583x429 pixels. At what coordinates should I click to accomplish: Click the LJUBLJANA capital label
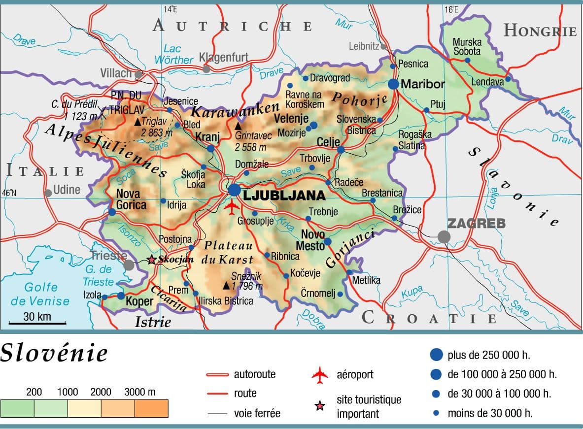(x=284, y=196)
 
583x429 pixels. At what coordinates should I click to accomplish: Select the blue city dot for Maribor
(x=393, y=84)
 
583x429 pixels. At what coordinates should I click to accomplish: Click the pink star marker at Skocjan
(x=152, y=260)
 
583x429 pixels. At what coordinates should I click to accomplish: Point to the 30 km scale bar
(x=37, y=324)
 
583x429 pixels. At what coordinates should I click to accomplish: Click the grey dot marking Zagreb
(x=444, y=237)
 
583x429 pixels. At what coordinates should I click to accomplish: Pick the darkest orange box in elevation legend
(x=151, y=408)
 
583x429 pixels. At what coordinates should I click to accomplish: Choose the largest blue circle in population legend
(x=436, y=355)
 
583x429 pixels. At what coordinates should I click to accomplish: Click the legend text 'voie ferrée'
(x=257, y=413)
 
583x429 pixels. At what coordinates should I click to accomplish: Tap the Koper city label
(x=140, y=300)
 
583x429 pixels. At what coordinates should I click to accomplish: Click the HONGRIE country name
(x=540, y=31)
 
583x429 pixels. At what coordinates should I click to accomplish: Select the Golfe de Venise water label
(x=41, y=294)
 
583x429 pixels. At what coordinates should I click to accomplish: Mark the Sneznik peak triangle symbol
(x=226, y=285)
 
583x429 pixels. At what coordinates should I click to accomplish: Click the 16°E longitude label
(x=451, y=9)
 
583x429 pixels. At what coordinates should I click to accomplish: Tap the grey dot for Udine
(x=48, y=193)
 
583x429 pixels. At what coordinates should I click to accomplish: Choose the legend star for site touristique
(x=320, y=406)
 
